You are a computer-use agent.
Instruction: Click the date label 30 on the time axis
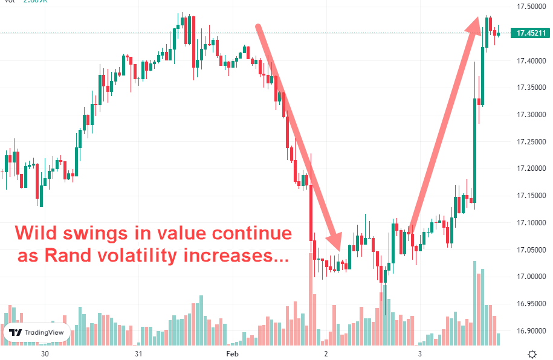[x=44, y=353]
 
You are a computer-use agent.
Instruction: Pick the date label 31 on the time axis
[x=138, y=353]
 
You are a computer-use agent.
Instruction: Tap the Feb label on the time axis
[x=232, y=353]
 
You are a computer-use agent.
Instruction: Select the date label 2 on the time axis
[x=326, y=353]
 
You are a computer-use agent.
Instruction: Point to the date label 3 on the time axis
[x=419, y=353]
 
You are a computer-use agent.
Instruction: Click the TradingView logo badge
[x=36, y=332]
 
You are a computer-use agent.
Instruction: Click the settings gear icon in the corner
[x=532, y=353]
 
